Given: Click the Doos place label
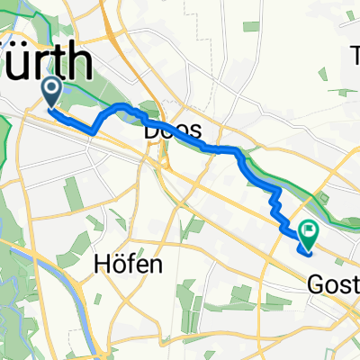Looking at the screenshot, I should pyautogui.click(x=173, y=131).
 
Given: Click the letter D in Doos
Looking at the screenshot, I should pyautogui.click(x=151, y=131).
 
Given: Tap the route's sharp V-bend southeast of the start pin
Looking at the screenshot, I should pyautogui.click(x=93, y=132).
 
